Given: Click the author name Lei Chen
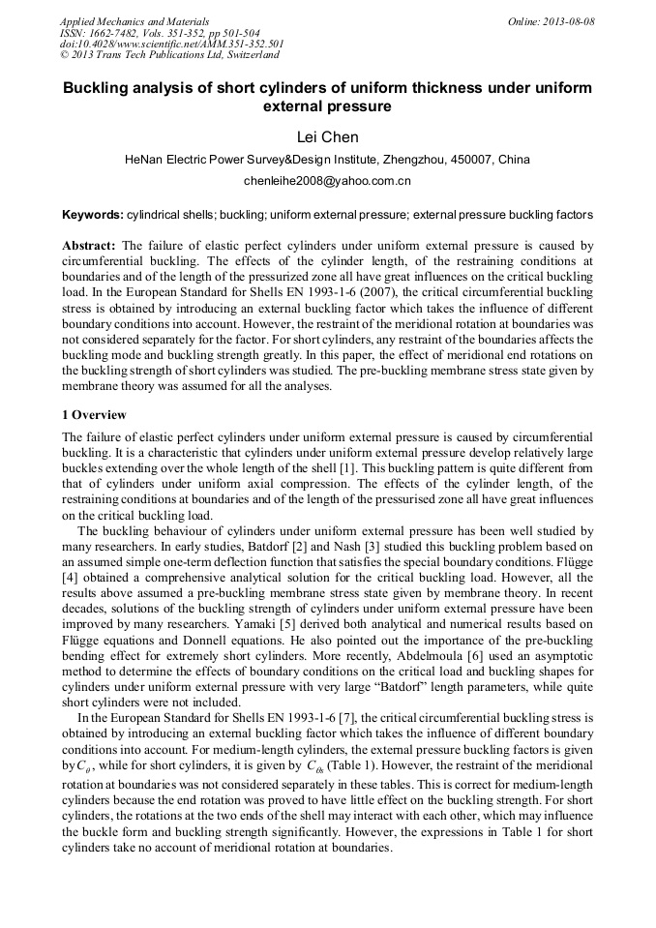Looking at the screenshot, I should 327,137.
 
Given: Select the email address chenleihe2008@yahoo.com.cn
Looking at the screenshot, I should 327,181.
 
